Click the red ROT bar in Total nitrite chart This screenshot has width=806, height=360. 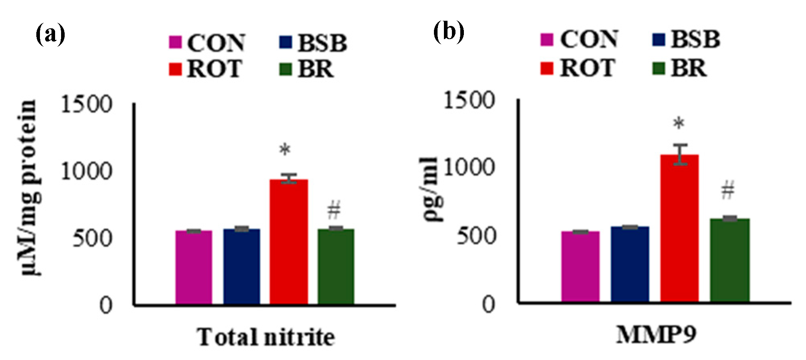(288, 241)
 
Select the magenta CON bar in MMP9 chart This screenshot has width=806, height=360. (580, 266)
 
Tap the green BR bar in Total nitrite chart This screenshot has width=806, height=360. (336, 266)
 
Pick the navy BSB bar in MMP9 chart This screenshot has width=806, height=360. (630, 264)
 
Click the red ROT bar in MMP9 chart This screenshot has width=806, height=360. (679, 227)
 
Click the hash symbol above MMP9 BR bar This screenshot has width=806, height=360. (728, 190)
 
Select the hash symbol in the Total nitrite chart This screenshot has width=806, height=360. (334, 210)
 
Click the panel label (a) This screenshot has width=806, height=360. (50, 34)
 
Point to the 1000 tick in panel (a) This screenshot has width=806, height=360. (86, 172)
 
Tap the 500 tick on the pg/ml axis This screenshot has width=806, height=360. (475, 236)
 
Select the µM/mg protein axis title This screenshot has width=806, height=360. (30, 188)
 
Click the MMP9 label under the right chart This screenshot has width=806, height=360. (656, 334)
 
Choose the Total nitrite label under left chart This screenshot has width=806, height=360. (265, 337)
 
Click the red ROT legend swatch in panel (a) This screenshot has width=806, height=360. (175, 69)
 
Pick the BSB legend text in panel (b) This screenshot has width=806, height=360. (695, 39)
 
